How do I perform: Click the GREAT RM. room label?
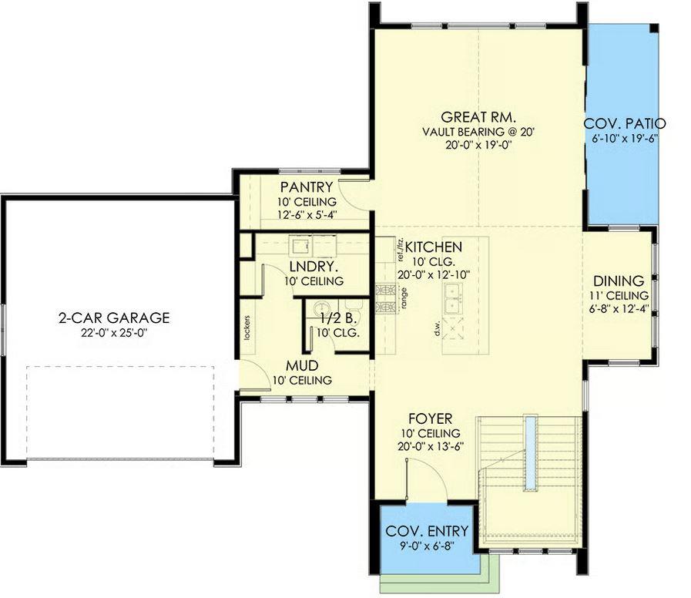478,117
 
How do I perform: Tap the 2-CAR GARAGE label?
114,318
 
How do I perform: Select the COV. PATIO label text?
625,124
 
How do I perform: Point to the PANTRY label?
307,187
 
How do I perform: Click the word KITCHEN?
434,247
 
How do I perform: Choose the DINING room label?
619,281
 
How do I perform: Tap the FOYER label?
430,418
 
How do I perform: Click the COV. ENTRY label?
427,532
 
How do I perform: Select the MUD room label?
302,365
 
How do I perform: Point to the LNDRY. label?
314,267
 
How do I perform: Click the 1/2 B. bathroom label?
338,319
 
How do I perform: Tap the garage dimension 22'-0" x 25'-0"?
114,333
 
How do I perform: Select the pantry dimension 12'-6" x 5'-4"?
307,215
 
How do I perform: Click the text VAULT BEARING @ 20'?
478,132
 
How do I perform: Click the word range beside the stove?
404,297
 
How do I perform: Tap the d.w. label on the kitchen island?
438,328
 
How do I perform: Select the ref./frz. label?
401,250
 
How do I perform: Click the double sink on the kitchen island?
453,298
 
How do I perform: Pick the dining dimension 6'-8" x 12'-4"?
619,309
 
